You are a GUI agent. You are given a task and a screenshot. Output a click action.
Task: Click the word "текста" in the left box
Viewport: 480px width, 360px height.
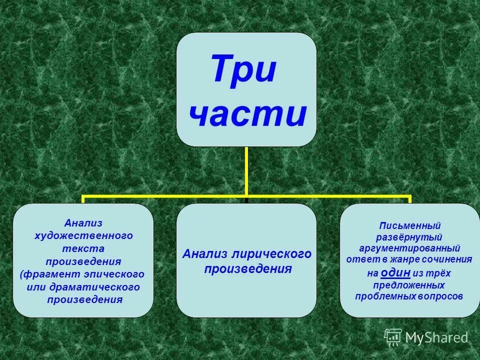point(83,248)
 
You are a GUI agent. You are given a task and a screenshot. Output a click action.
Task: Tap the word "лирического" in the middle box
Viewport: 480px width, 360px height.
point(273,254)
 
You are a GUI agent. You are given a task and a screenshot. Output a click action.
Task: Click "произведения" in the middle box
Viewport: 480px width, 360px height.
point(247,269)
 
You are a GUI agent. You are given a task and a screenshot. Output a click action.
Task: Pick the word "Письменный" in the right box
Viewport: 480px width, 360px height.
point(409,225)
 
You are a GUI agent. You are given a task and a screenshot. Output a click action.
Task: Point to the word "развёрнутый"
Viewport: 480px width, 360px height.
point(409,237)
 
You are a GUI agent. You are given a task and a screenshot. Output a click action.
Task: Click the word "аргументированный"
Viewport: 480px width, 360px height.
point(409,248)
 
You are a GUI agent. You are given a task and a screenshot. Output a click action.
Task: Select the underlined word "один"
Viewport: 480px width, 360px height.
point(395,272)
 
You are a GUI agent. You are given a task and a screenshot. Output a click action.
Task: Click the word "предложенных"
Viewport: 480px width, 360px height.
point(409,285)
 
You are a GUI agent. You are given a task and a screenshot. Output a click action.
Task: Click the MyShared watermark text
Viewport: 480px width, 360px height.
point(436,337)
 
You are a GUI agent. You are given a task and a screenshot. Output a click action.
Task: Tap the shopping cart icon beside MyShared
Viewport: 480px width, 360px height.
point(393,337)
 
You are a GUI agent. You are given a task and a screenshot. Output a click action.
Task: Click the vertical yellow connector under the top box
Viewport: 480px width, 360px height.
point(246,170)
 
